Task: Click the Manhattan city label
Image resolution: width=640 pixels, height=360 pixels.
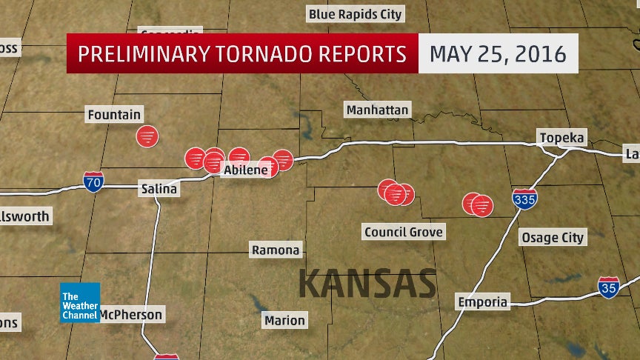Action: [x=377, y=110]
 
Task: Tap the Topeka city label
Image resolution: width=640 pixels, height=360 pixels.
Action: [x=562, y=138]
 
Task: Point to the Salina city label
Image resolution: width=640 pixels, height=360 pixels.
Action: [x=159, y=189]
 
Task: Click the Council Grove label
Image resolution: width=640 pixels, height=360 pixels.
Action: [x=404, y=232]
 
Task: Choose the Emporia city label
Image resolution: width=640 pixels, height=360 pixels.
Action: [x=483, y=301]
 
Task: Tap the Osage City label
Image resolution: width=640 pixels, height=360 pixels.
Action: [x=553, y=237]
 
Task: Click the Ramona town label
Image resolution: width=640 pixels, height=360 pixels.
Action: [x=276, y=250]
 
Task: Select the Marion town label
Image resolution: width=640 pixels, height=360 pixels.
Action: [x=284, y=320]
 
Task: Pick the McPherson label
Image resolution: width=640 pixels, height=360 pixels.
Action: [x=130, y=314]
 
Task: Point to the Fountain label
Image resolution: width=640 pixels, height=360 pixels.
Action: [x=114, y=115]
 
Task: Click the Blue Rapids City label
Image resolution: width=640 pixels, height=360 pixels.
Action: [x=356, y=14]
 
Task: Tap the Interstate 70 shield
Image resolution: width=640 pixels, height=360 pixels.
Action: [x=93, y=181]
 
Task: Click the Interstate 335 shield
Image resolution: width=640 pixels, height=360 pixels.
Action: [x=524, y=199]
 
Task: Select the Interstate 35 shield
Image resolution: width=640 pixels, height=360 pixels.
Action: [x=609, y=287]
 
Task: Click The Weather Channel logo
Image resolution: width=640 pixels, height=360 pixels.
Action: [x=80, y=302]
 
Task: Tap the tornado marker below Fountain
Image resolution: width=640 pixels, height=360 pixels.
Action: [x=147, y=136]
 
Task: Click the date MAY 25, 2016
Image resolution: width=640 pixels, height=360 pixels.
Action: [x=498, y=53]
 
